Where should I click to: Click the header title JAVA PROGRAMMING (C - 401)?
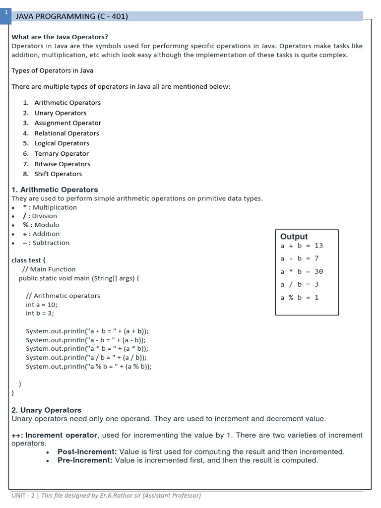click(x=72, y=16)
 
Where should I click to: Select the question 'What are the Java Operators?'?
click(x=60, y=37)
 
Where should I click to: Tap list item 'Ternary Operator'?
click(x=62, y=154)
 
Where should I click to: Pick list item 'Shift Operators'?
click(x=58, y=174)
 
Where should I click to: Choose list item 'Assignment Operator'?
click(x=67, y=123)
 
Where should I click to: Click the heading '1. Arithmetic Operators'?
click(x=55, y=190)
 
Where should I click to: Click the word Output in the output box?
click(x=294, y=237)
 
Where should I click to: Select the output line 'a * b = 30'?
click(x=302, y=271)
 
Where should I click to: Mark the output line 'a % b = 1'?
click(x=300, y=298)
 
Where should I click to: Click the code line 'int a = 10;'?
click(x=42, y=305)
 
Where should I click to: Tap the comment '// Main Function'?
click(x=49, y=269)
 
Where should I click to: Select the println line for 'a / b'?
click(x=86, y=358)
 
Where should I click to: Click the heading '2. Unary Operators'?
click(x=46, y=410)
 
